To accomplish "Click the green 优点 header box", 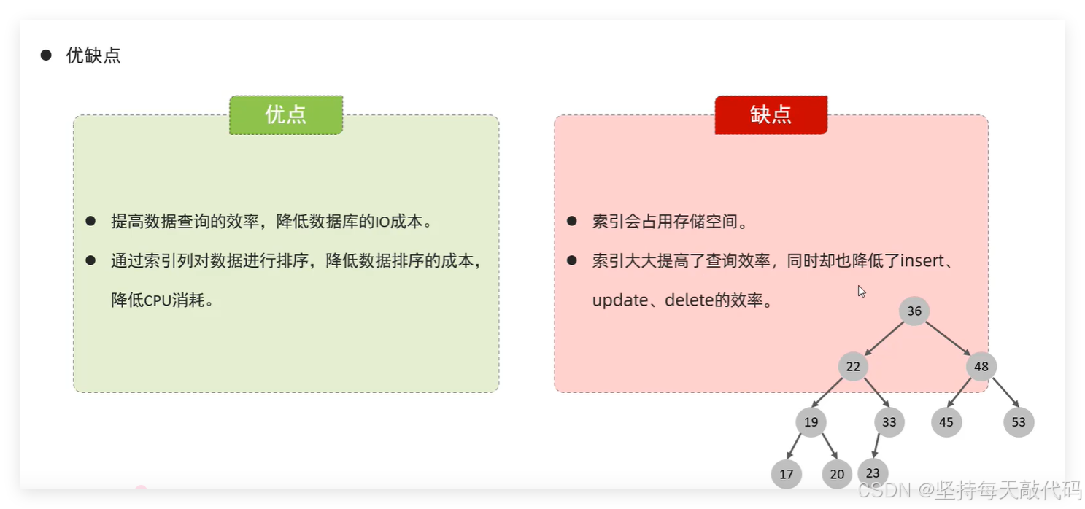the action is pyautogui.click(x=286, y=114).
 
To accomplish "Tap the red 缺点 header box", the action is pyautogui.click(x=771, y=114).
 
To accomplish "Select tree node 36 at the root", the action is pyautogui.click(x=914, y=311).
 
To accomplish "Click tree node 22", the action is pyautogui.click(x=853, y=367).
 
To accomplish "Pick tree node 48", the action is pyautogui.click(x=981, y=367).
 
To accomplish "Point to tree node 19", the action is pyautogui.click(x=811, y=421).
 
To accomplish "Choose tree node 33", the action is pyautogui.click(x=889, y=421).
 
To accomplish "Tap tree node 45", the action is pyautogui.click(x=946, y=421).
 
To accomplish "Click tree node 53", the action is pyautogui.click(x=1019, y=421).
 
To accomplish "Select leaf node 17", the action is pyautogui.click(x=786, y=474).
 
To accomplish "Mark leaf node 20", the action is pyautogui.click(x=837, y=474).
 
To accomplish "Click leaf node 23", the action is pyautogui.click(x=873, y=473).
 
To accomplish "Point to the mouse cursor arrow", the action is pyautogui.click(x=861, y=291).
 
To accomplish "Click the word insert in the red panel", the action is pyautogui.click(x=922, y=261).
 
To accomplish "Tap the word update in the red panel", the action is pyautogui.click(x=620, y=300).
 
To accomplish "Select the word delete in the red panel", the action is pyautogui.click(x=690, y=300).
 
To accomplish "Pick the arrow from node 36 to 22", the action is pyautogui.click(x=884, y=338).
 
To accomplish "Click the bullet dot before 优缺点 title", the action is pyautogui.click(x=46, y=55).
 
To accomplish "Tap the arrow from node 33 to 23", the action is pyautogui.click(x=876, y=446).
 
